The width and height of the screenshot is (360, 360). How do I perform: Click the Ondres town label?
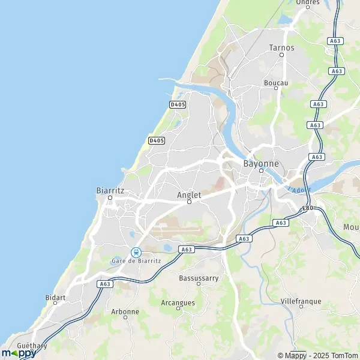click(x=307, y=2)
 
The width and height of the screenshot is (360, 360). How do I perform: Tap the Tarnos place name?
click(x=281, y=47)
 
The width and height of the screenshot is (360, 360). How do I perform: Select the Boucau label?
click(x=276, y=82)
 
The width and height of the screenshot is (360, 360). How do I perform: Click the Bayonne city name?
click(x=261, y=163)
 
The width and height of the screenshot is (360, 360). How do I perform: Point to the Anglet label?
click(x=189, y=195)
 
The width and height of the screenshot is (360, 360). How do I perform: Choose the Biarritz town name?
click(x=110, y=190)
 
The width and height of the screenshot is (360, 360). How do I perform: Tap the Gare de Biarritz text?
click(x=136, y=260)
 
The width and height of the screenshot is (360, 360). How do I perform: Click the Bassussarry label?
click(x=199, y=278)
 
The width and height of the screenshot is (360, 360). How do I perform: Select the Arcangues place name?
click(x=178, y=302)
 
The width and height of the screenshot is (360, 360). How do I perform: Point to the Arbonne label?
click(x=125, y=311)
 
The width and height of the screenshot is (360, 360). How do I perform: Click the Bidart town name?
click(x=56, y=297)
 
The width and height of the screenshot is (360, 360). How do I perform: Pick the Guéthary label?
click(x=32, y=346)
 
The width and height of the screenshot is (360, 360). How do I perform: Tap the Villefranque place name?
click(x=301, y=301)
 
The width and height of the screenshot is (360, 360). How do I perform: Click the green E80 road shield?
click(x=308, y=208)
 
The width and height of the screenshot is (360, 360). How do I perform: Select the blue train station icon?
click(x=136, y=252)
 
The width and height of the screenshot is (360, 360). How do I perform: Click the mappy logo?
click(x=18, y=353)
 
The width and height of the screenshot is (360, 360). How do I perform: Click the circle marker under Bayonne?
click(x=261, y=170)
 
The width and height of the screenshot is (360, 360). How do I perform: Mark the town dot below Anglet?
click(x=189, y=202)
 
